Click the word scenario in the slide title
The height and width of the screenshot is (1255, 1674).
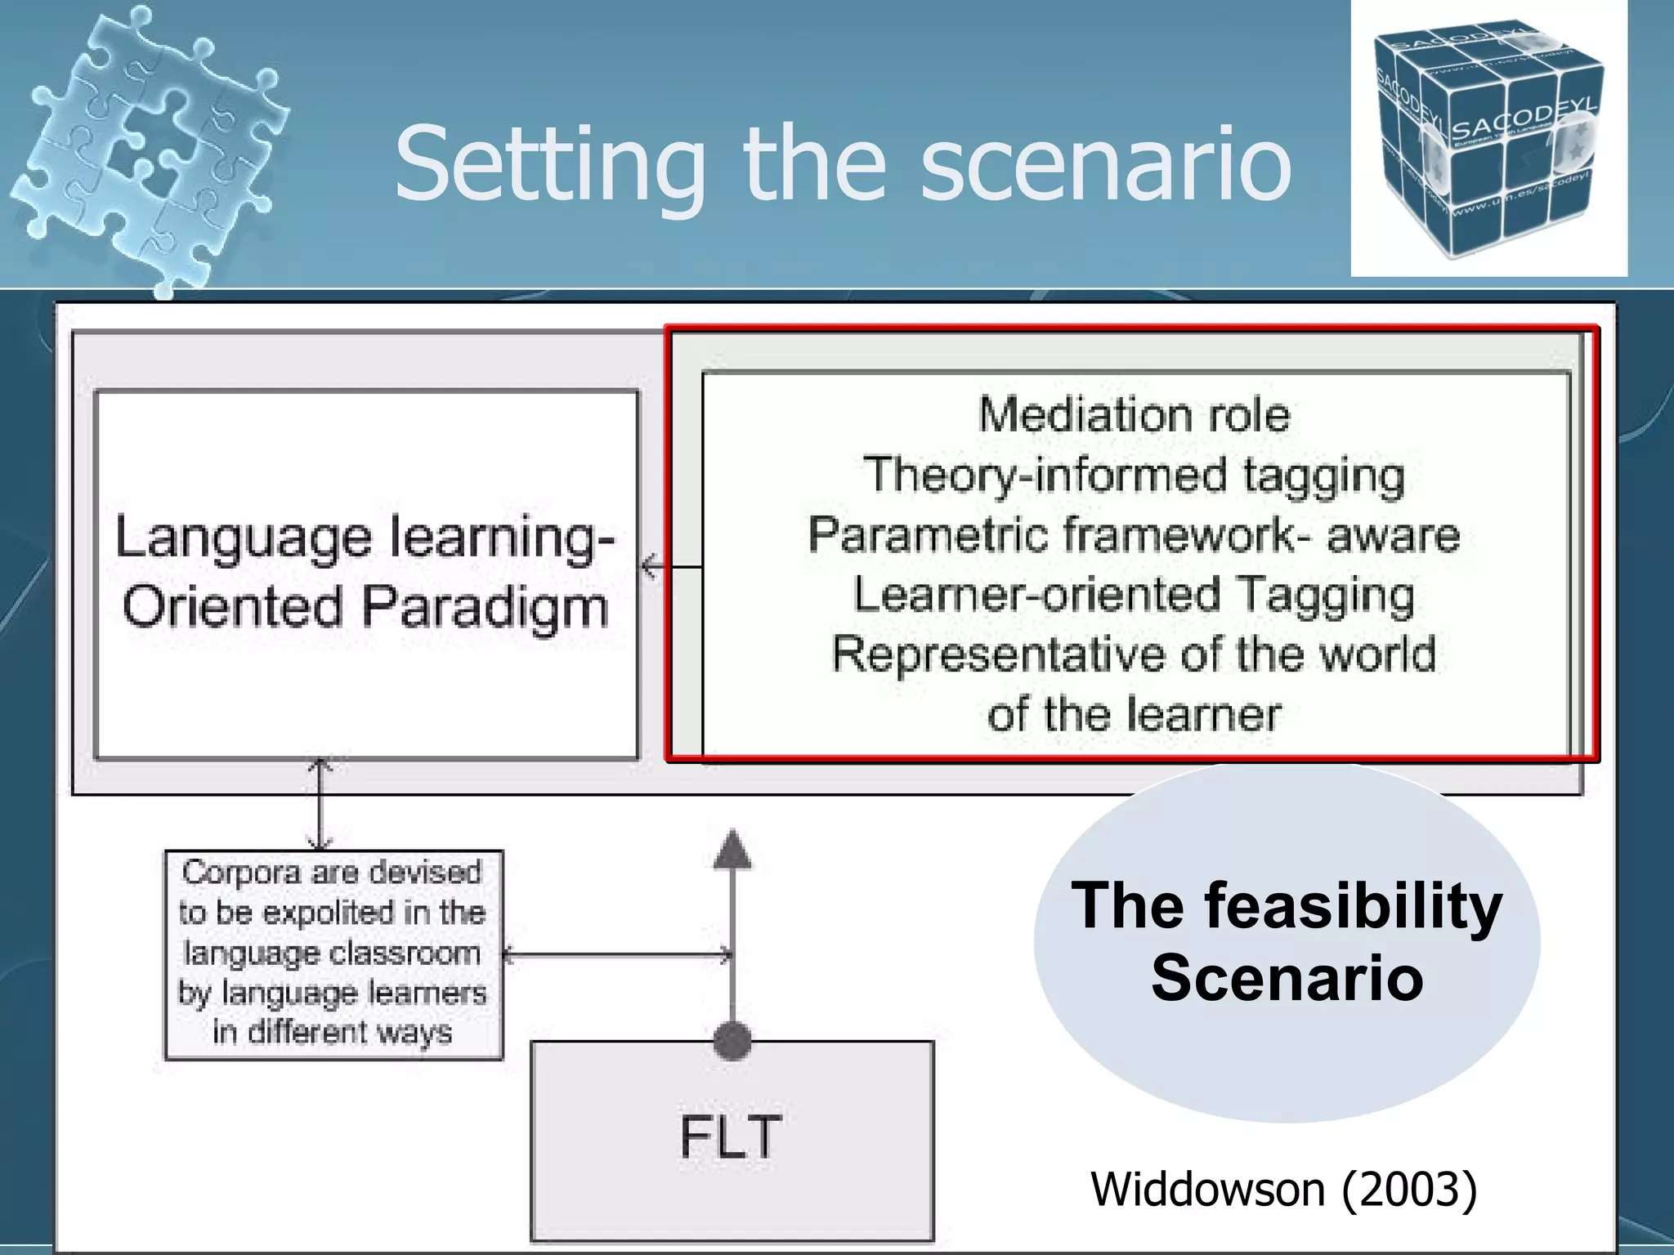click(1105, 166)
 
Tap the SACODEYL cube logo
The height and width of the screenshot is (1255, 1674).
click(1488, 139)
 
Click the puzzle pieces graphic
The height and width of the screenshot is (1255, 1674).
click(151, 147)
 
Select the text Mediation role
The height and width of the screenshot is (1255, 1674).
click(1135, 414)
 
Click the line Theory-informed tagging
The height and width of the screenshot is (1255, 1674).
click(1135, 475)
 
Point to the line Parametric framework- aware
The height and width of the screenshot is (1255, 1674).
click(1135, 535)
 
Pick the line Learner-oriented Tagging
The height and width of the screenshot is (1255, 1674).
click(1135, 595)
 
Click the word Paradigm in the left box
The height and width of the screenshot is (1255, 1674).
click(486, 609)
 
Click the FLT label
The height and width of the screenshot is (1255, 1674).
click(731, 1137)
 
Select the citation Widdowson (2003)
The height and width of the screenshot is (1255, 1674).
click(1284, 1189)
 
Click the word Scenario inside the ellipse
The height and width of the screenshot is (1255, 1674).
click(1287, 978)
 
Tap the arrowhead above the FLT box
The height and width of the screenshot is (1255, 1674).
click(732, 850)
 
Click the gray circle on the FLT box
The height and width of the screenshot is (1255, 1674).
click(732, 1041)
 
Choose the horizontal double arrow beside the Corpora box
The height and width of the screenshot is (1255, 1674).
click(617, 954)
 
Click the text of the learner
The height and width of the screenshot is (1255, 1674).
click(1135, 715)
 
